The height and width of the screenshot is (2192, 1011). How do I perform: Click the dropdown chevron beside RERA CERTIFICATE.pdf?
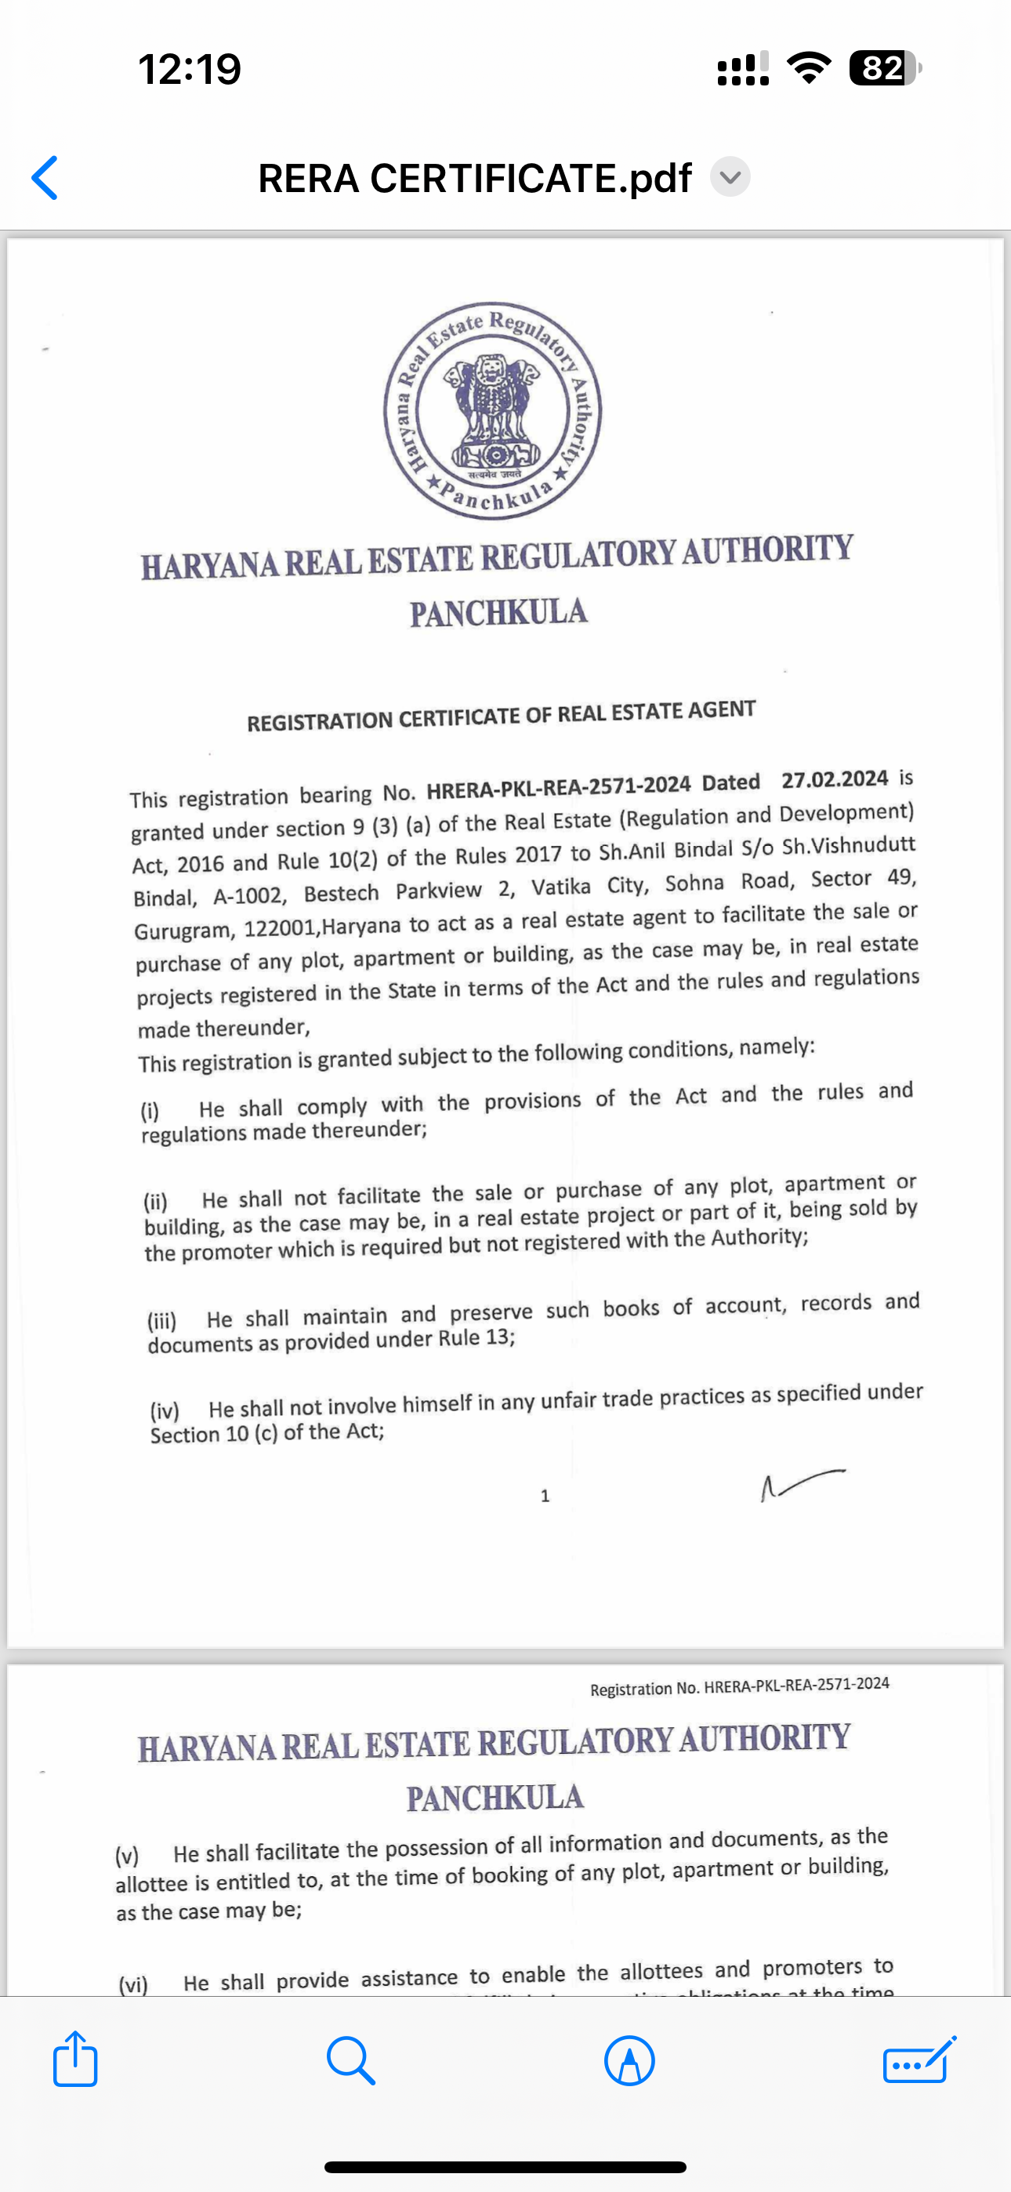click(730, 177)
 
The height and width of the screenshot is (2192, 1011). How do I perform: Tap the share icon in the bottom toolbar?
click(75, 2060)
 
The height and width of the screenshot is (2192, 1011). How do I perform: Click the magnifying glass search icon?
click(350, 2060)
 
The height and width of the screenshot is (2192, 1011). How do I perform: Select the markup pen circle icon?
click(630, 2061)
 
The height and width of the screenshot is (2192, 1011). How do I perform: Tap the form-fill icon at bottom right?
click(919, 2060)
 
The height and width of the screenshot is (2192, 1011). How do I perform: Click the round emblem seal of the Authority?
click(492, 410)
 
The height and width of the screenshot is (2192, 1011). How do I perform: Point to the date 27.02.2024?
click(834, 779)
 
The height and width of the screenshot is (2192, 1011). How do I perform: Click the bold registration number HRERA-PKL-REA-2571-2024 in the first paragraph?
click(558, 788)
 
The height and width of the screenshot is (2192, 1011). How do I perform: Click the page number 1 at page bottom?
click(545, 1496)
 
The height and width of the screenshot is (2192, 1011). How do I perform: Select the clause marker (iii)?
click(162, 1322)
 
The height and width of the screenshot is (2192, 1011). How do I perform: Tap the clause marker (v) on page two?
click(127, 1856)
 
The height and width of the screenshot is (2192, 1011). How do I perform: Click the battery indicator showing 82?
click(883, 68)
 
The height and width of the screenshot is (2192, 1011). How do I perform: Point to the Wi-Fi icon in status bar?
click(810, 68)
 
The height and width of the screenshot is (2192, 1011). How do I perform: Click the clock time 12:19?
click(190, 69)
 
